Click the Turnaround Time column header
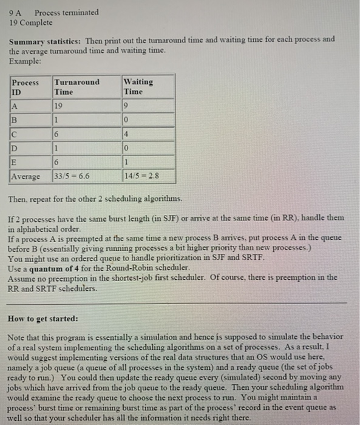[76, 86]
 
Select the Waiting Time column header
[138, 86]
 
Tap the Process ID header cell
[25, 86]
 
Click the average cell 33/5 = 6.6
[72, 177]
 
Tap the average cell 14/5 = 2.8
[140, 177]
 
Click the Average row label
[27, 177]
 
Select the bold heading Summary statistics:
[46, 40]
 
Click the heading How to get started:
[42, 318]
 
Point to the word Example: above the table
[25, 62]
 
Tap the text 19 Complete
[32, 22]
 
